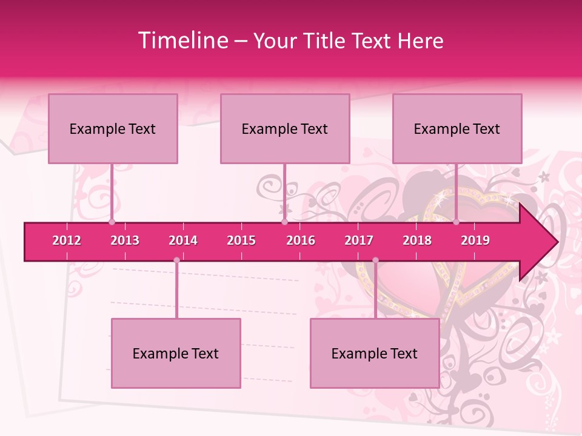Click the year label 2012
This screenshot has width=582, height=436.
[67, 240]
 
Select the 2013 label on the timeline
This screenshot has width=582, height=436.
[125, 240]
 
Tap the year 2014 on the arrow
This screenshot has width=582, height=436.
[183, 240]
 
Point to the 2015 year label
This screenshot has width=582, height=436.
[241, 240]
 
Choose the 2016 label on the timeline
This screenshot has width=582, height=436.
[301, 240]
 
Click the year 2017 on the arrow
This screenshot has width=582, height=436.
[359, 240]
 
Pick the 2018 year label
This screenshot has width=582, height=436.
[417, 240]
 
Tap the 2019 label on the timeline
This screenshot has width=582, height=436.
[475, 240]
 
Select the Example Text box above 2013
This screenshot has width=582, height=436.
[113, 129]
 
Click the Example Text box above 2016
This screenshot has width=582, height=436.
[285, 129]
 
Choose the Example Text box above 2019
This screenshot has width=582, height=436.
[457, 129]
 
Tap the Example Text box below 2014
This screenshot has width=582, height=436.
[176, 354]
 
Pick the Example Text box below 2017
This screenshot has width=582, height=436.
[375, 354]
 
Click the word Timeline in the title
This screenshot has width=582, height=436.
[182, 41]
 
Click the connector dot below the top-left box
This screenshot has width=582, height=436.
[112, 222]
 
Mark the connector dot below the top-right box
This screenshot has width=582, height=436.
[456, 222]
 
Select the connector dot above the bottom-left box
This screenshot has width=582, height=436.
[176, 260]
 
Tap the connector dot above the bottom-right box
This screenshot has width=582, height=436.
[375, 260]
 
